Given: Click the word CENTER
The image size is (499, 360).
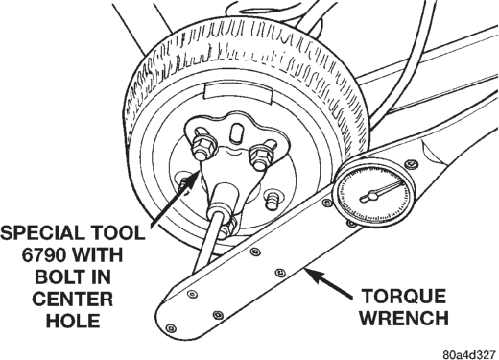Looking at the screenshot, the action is click(73, 299).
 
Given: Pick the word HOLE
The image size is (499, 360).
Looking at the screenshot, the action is click(73, 321).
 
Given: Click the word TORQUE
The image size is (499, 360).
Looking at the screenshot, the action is click(404, 297).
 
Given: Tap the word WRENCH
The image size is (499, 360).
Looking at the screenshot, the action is click(404, 318).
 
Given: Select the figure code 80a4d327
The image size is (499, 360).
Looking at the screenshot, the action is click(469, 354).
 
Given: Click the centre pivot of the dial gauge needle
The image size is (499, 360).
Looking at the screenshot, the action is click(372, 195).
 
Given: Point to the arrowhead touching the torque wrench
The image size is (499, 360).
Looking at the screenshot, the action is click(315, 275).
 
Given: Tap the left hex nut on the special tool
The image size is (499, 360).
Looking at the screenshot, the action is click(203, 148).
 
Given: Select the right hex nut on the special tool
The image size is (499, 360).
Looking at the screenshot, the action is click(261, 156).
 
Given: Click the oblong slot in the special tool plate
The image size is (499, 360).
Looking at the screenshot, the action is click(237, 132).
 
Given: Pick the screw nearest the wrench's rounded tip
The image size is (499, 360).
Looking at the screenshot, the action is click(171, 328).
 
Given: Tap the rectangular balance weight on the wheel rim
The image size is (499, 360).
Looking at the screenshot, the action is click(237, 93).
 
